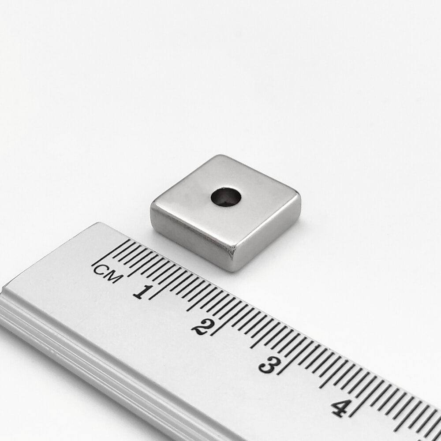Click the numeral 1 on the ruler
pos(143,292)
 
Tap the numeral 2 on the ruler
pos(202,327)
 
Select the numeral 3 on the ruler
pos(269,365)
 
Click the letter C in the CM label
pos(100,270)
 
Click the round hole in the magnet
pos(226,196)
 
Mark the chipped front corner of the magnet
pos(232,250)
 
